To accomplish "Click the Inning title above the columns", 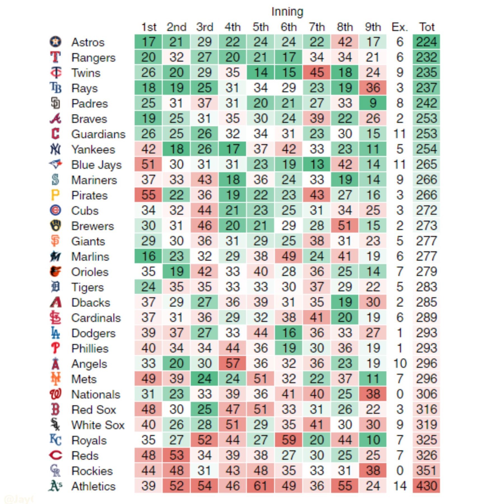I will (287, 12).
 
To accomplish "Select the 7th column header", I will (317, 27).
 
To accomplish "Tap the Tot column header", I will (426, 27).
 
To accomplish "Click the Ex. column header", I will (400, 27).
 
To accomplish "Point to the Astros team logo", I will (55, 42).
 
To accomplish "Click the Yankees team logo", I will (55, 149).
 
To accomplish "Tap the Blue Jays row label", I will (96, 165).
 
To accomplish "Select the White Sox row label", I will (98, 425).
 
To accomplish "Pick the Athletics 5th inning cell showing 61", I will (260, 486).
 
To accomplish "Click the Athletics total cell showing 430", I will (426, 486).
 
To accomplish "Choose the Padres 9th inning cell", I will (373, 103).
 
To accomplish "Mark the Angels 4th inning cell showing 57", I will (232, 363).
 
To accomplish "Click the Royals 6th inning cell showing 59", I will (288, 440).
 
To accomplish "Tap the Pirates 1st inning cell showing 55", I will (148, 195).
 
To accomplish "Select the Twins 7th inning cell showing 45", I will (317, 73).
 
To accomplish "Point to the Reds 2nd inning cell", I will (176, 455).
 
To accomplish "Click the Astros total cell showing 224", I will (426, 42).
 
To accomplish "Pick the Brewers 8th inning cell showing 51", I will (345, 226).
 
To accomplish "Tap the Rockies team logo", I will (55, 470).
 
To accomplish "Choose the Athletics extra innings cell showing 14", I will (400, 486).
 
